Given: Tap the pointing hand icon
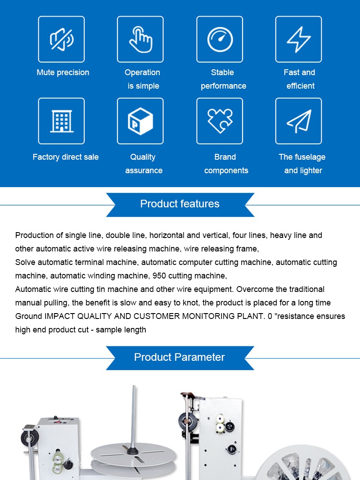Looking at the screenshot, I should (x=140, y=39).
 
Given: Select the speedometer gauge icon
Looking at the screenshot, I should (x=220, y=39).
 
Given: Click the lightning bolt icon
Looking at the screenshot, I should (x=299, y=39).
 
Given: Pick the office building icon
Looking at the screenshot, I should (x=62, y=121).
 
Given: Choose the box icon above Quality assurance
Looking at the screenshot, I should (x=140, y=121).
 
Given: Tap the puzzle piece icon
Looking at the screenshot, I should (x=220, y=121).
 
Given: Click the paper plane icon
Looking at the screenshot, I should (x=299, y=121).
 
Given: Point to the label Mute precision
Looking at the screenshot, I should (x=63, y=72).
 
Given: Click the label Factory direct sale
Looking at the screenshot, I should (x=66, y=157).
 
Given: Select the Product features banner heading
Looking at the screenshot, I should (x=180, y=204).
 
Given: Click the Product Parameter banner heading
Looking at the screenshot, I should (x=180, y=357).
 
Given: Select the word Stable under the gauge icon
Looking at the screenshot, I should (x=222, y=72).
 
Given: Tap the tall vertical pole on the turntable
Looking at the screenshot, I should (x=133, y=414).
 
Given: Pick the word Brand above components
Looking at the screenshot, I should (x=225, y=157).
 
